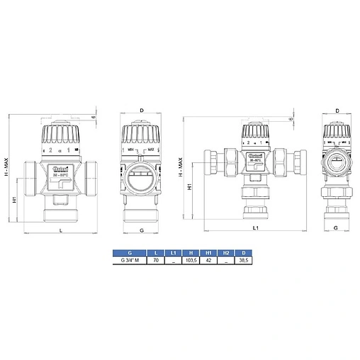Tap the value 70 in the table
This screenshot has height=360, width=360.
pyautogui.click(x=155, y=261)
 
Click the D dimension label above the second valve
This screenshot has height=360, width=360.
pyautogui.click(x=142, y=111)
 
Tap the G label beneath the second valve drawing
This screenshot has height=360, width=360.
pyautogui.click(x=142, y=231)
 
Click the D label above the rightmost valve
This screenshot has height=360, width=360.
pyautogui.click(x=337, y=111)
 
